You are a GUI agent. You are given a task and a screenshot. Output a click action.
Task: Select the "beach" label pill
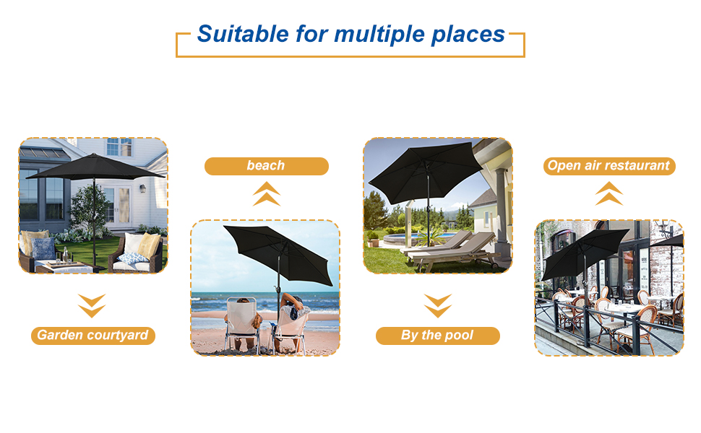pyautogui.click(x=266, y=166)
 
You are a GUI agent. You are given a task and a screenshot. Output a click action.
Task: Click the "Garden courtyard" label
pyautogui.click(x=93, y=336)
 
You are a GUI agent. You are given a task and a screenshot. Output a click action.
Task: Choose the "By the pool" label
pyautogui.click(x=437, y=336)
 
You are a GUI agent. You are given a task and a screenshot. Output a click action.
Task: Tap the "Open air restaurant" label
pyautogui.click(x=608, y=166)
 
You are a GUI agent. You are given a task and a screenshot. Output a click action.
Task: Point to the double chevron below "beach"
pyautogui.click(x=267, y=194)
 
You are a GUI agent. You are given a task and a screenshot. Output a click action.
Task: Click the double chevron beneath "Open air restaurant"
pyautogui.click(x=608, y=194)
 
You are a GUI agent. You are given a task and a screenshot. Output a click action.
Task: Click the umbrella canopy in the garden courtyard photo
pyautogui.click(x=94, y=167)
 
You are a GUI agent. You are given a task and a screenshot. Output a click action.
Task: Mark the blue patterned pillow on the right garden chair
pyautogui.click(x=133, y=258)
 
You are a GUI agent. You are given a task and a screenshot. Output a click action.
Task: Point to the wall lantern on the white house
pyautogui.click(x=143, y=188)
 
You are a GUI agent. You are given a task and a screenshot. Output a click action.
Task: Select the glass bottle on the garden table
pyautogui.click(x=64, y=254)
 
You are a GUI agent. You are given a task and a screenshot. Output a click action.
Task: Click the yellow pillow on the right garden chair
pyautogui.click(x=149, y=244)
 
